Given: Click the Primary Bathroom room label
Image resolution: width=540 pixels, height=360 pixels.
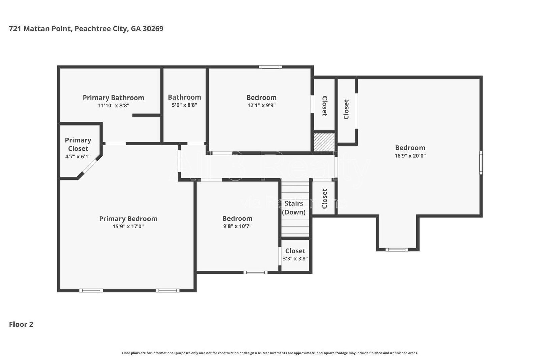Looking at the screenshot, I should tap(113, 98).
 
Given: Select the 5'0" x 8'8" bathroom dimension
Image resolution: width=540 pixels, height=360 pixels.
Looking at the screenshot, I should tap(185, 105).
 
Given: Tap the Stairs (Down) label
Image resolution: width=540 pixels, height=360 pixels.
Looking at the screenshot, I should tap(294, 208).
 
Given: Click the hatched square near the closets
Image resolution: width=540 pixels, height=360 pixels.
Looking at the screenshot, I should tap(324, 142).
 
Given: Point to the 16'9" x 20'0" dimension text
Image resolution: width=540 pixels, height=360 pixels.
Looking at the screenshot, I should tap(410, 156).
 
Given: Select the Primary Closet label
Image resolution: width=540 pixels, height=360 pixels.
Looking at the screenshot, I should tap(78, 144).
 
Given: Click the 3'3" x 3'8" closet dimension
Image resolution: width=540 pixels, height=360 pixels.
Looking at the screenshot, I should tap(295, 259).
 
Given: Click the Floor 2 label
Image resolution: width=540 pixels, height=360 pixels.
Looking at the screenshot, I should tap(21, 324).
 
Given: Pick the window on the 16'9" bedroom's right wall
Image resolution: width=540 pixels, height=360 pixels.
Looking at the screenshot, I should tap(481, 163).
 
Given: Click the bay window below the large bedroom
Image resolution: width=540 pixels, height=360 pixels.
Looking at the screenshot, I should tap(397, 250).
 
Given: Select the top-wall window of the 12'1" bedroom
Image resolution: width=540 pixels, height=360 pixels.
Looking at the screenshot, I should tap(270, 67).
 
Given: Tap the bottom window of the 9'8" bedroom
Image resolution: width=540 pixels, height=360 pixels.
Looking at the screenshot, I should tap(255, 272).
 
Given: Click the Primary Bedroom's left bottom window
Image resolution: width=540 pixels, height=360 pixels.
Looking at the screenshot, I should tap(91, 290).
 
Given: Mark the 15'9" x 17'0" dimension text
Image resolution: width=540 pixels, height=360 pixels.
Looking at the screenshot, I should tap(128, 226).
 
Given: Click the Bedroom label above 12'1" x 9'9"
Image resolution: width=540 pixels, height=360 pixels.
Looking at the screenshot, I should tap(261, 98).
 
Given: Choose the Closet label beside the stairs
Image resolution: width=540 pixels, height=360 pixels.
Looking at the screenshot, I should tap(324, 198).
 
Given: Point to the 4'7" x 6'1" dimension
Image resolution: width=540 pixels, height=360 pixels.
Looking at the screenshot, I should tap(78, 156).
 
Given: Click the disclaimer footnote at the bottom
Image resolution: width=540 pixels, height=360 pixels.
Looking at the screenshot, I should tap(270, 353).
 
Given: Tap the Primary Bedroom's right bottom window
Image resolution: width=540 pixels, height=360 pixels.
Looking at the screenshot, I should tap(167, 290).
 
